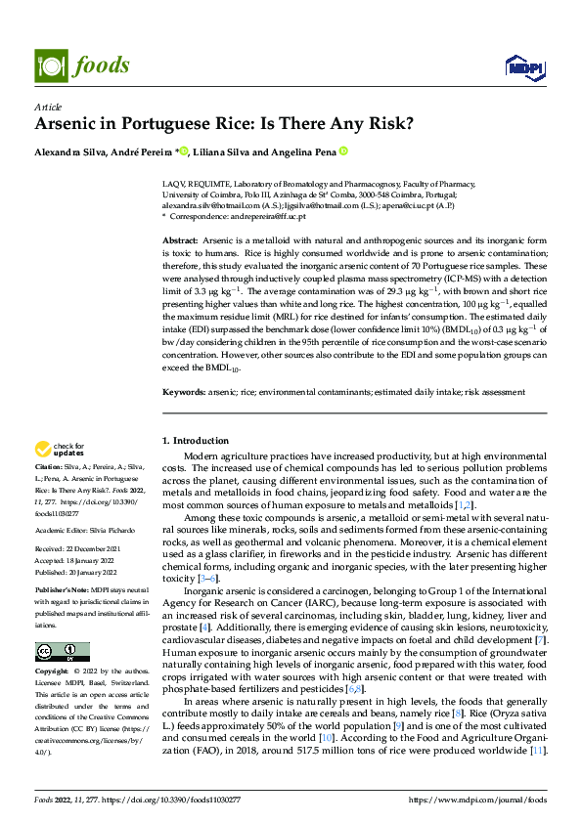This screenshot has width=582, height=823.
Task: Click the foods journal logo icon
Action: point(49,65)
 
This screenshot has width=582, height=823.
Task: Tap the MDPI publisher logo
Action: point(524,65)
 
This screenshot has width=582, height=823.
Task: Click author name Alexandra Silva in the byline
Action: point(70,152)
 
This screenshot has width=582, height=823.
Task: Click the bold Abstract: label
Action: point(180,240)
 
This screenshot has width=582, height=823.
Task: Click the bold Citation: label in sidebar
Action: point(49,468)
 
